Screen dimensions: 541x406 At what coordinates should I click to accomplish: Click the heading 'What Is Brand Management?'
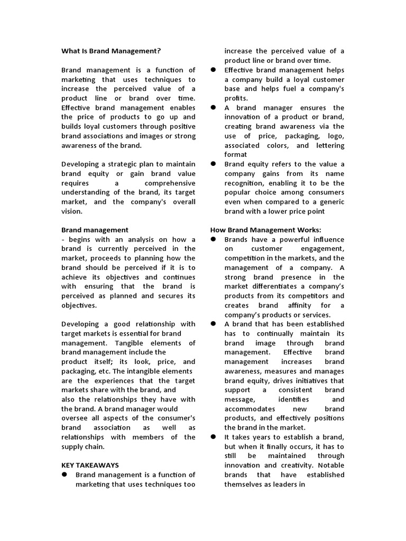click(110, 51)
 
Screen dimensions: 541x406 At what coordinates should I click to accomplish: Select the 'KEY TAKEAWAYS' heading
click(90, 465)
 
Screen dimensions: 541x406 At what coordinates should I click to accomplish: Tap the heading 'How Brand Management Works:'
click(265, 229)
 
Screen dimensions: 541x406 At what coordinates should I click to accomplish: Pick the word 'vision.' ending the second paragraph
click(72, 211)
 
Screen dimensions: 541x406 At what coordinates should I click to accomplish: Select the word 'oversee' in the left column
click(74, 418)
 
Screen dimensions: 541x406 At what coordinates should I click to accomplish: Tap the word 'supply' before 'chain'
click(73, 446)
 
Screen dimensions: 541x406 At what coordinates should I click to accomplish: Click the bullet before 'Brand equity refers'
click(214, 164)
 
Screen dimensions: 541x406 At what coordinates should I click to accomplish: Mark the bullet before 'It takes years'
click(214, 437)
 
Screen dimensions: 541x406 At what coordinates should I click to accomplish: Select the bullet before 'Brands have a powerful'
click(214, 239)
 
